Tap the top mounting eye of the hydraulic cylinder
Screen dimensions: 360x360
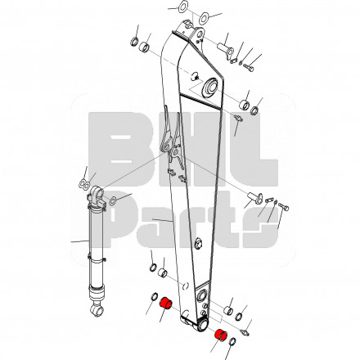click(97, 194)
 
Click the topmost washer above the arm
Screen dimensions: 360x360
click(182, 7)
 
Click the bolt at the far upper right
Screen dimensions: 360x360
click(248, 67)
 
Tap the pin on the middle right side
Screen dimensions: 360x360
click(254, 197)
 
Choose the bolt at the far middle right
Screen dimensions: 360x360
click(284, 207)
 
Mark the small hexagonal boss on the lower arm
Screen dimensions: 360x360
click(199, 243)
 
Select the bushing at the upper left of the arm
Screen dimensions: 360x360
click(144, 47)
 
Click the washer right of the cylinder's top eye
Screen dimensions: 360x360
click(113, 201)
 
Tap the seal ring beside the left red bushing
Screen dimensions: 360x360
click(155, 296)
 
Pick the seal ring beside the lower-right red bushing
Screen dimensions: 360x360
click(232, 342)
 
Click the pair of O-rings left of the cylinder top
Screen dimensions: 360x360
click(83, 185)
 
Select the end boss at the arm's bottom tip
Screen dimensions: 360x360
click(202, 325)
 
